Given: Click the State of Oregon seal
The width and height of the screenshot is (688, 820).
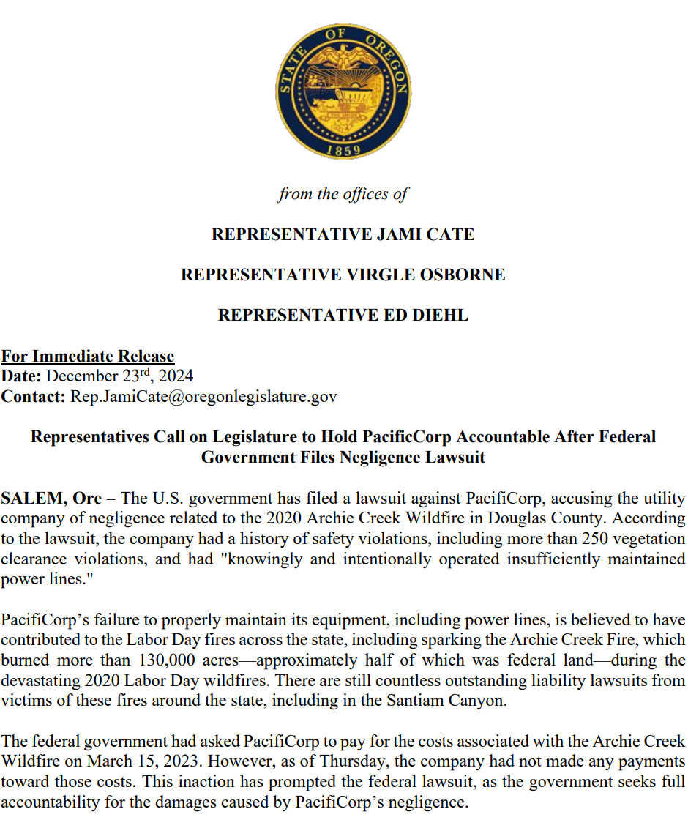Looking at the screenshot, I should pos(343,91).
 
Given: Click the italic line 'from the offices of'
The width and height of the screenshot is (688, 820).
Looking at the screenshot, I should pos(343,194).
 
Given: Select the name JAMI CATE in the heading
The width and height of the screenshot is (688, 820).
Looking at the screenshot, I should pos(425,235).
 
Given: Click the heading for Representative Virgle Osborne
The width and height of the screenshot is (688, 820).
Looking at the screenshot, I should pos(343,275).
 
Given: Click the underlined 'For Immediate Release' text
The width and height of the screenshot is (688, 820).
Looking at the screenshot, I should pos(88,357).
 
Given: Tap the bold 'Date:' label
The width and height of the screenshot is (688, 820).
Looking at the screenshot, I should pos(22,376).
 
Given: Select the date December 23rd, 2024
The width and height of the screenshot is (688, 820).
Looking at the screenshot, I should pos(120,376).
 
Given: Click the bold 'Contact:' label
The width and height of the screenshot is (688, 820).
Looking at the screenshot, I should pos(34,397).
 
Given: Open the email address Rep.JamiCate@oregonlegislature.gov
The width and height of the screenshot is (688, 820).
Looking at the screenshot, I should pos(203,397).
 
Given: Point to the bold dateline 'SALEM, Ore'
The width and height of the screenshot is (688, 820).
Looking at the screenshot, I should pos(51,499).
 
